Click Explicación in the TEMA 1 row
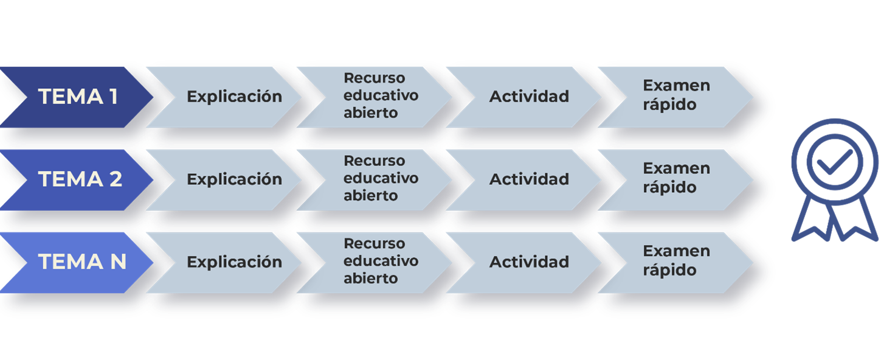pyautogui.click(x=235, y=97)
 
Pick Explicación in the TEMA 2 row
pyautogui.click(x=235, y=179)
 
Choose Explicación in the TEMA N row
pyautogui.click(x=235, y=262)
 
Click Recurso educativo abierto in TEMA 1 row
pyautogui.click(x=381, y=95)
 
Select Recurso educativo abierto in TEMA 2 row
pyautogui.click(x=381, y=178)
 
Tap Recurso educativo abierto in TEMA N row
pyautogui.click(x=381, y=260)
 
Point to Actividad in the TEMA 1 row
pyautogui.click(x=529, y=97)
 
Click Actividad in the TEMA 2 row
pyautogui.click(x=529, y=179)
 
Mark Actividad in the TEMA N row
pyautogui.click(x=529, y=261)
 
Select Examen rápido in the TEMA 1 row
pyautogui.click(x=677, y=95)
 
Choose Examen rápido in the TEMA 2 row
pyautogui.click(x=677, y=178)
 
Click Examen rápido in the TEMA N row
pyautogui.click(x=677, y=260)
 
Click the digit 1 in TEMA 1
pyautogui.click(x=114, y=97)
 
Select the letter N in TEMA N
pyautogui.click(x=119, y=261)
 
